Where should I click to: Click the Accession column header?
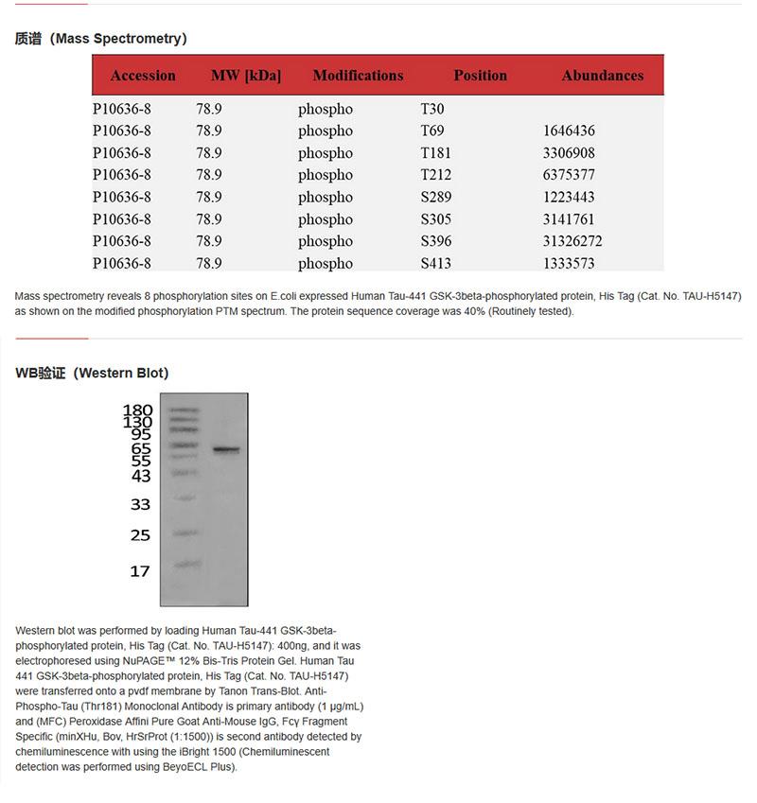[x=143, y=76]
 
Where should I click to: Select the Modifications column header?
[x=358, y=76]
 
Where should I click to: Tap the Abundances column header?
[x=602, y=76]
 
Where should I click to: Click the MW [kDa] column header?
[x=246, y=76]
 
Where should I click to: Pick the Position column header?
[x=480, y=76]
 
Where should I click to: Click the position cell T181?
[x=435, y=153]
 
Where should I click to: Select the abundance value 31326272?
[x=572, y=241]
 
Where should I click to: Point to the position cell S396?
[x=436, y=241]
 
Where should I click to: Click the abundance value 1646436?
[x=569, y=131]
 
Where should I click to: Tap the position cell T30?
[x=431, y=109]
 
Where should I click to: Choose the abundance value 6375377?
[x=569, y=175]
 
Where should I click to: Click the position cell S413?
[x=436, y=264]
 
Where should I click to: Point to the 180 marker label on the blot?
[x=138, y=410]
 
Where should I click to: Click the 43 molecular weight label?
[x=141, y=476]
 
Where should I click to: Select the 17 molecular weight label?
[x=140, y=571]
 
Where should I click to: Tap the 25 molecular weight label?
[x=140, y=535]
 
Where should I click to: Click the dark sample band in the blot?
[x=226, y=449]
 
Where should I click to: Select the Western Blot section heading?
[x=92, y=373]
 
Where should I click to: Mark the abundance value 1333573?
[x=569, y=264]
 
